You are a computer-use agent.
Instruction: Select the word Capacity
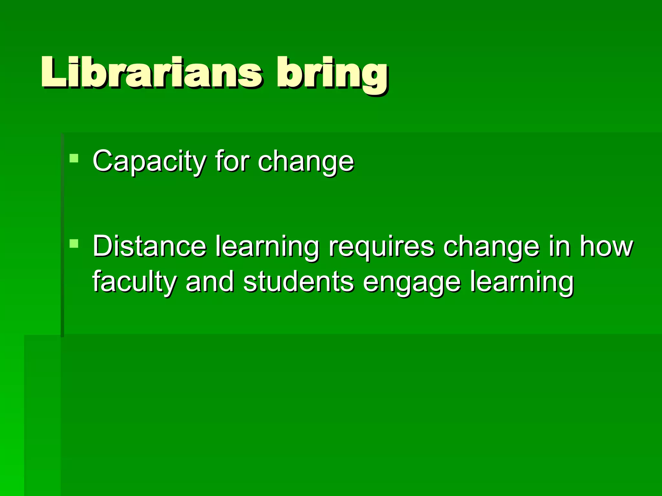pos(149,161)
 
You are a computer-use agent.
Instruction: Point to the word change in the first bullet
pos(306,162)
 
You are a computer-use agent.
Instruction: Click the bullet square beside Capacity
pos(74,158)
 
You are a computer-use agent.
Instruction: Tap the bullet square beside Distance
pos(74,243)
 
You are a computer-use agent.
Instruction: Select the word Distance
pos(149,246)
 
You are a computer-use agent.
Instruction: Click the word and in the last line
pos(210,282)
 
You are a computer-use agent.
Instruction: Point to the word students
pos(298,282)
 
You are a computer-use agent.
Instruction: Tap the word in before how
pos(559,246)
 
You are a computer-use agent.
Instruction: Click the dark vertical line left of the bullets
pos(62,236)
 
